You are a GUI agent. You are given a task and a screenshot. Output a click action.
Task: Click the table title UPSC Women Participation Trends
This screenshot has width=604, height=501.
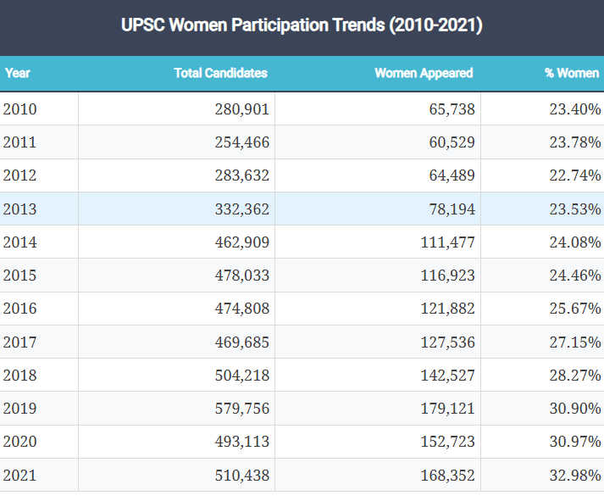[x=302, y=25]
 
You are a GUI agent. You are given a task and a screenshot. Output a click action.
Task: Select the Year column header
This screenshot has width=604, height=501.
[x=18, y=73]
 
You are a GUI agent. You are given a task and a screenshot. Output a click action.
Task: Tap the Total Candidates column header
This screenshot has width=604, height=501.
[x=220, y=73]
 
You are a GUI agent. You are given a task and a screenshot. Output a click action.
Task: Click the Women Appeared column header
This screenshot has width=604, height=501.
[x=424, y=73]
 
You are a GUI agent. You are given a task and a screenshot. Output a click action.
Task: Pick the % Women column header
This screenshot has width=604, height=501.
[x=571, y=73]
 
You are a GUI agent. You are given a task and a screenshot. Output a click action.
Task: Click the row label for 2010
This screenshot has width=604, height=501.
[x=20, y=109]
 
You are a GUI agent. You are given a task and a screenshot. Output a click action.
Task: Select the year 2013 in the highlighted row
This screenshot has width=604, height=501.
[x=20, y=209]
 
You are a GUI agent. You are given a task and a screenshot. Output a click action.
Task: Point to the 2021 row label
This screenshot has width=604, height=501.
[x=20, y=475]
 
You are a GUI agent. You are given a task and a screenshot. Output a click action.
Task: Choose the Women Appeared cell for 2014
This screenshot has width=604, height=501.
[x=447, y=242]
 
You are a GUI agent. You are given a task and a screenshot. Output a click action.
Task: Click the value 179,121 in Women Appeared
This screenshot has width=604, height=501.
[x=447, y=409]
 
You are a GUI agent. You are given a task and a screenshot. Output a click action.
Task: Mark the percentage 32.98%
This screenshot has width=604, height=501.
[x=575, y=475]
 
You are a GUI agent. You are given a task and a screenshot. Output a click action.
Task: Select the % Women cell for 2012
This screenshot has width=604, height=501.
[x=575, y=175]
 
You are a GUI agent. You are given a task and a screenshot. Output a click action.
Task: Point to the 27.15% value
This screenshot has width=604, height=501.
[x=575, y=342]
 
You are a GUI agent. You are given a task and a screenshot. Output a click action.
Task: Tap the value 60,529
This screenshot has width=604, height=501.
[x=452, y=142]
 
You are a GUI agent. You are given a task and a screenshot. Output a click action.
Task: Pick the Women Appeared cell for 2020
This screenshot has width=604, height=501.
[x=447, y=442]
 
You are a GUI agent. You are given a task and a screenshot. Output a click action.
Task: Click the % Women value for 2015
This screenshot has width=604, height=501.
[x=575, y=276]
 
